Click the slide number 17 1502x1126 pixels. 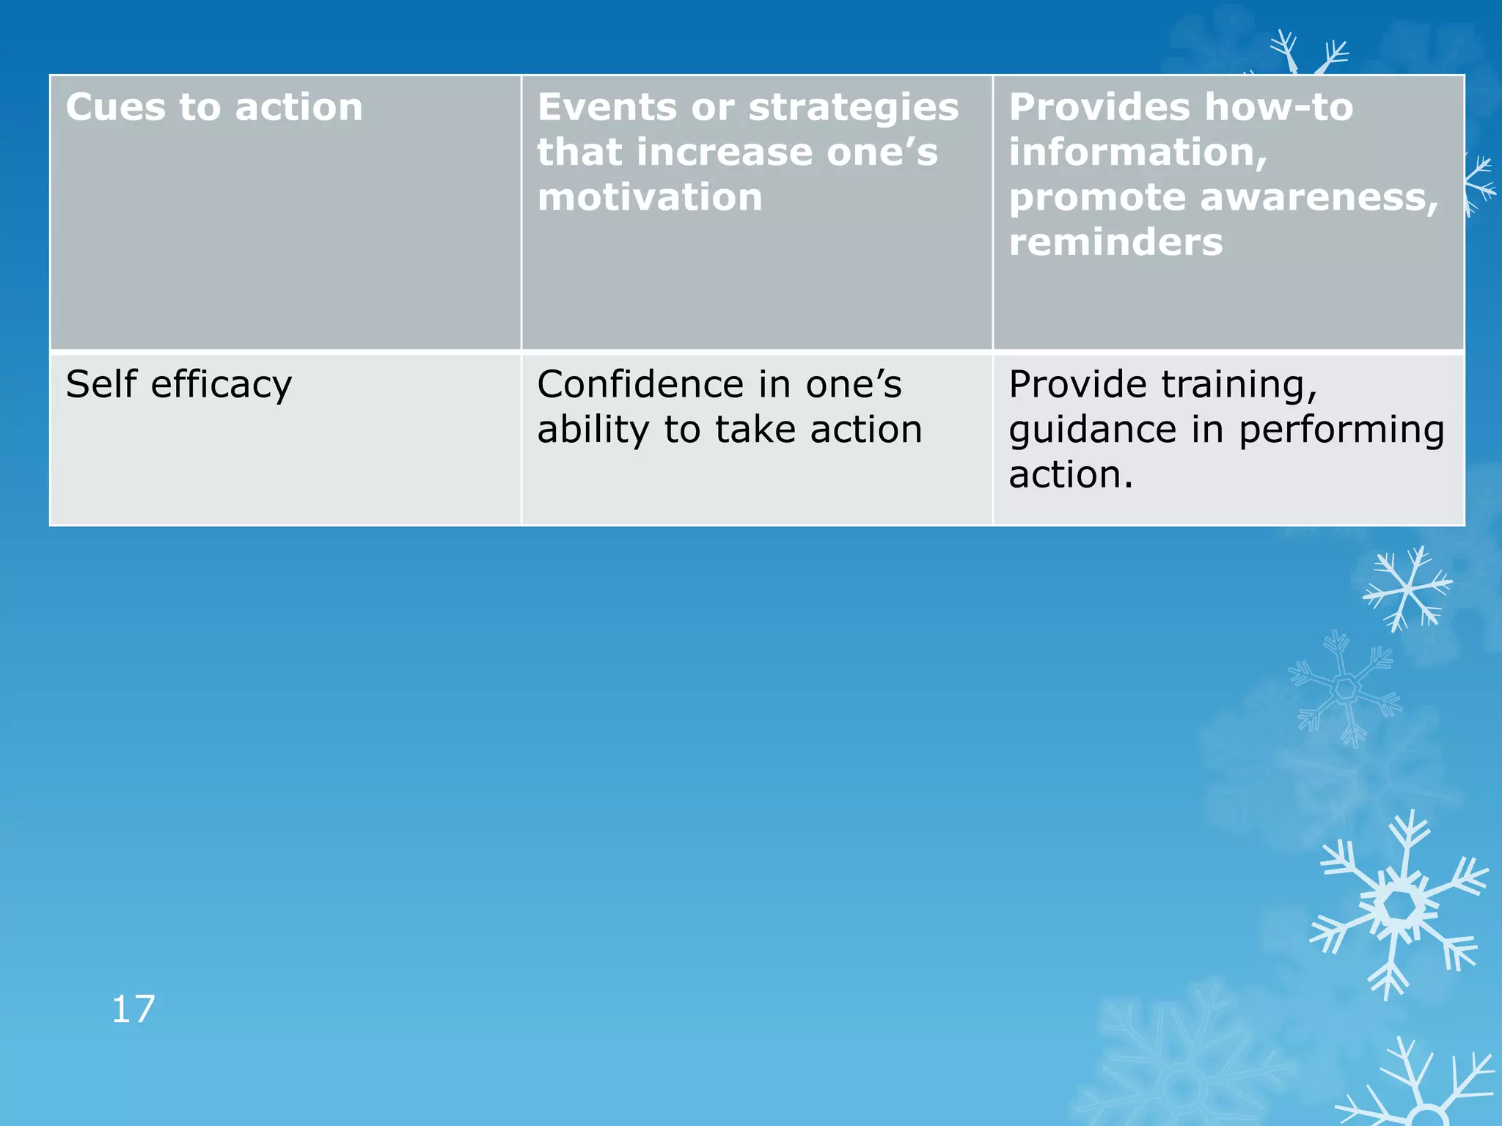[x=133, y=1009]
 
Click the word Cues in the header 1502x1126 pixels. [x=116, y=107]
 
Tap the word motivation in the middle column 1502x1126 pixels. [x=650, y=197]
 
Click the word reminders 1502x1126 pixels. [x=1115, y=242]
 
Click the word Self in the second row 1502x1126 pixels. [x=101, y=384]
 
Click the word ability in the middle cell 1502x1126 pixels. [x=593, y=430]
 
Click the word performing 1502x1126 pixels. [x=1341, y=430]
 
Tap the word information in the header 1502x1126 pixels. [x=1138, y=152]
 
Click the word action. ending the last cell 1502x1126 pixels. [x=1070, y=475]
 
